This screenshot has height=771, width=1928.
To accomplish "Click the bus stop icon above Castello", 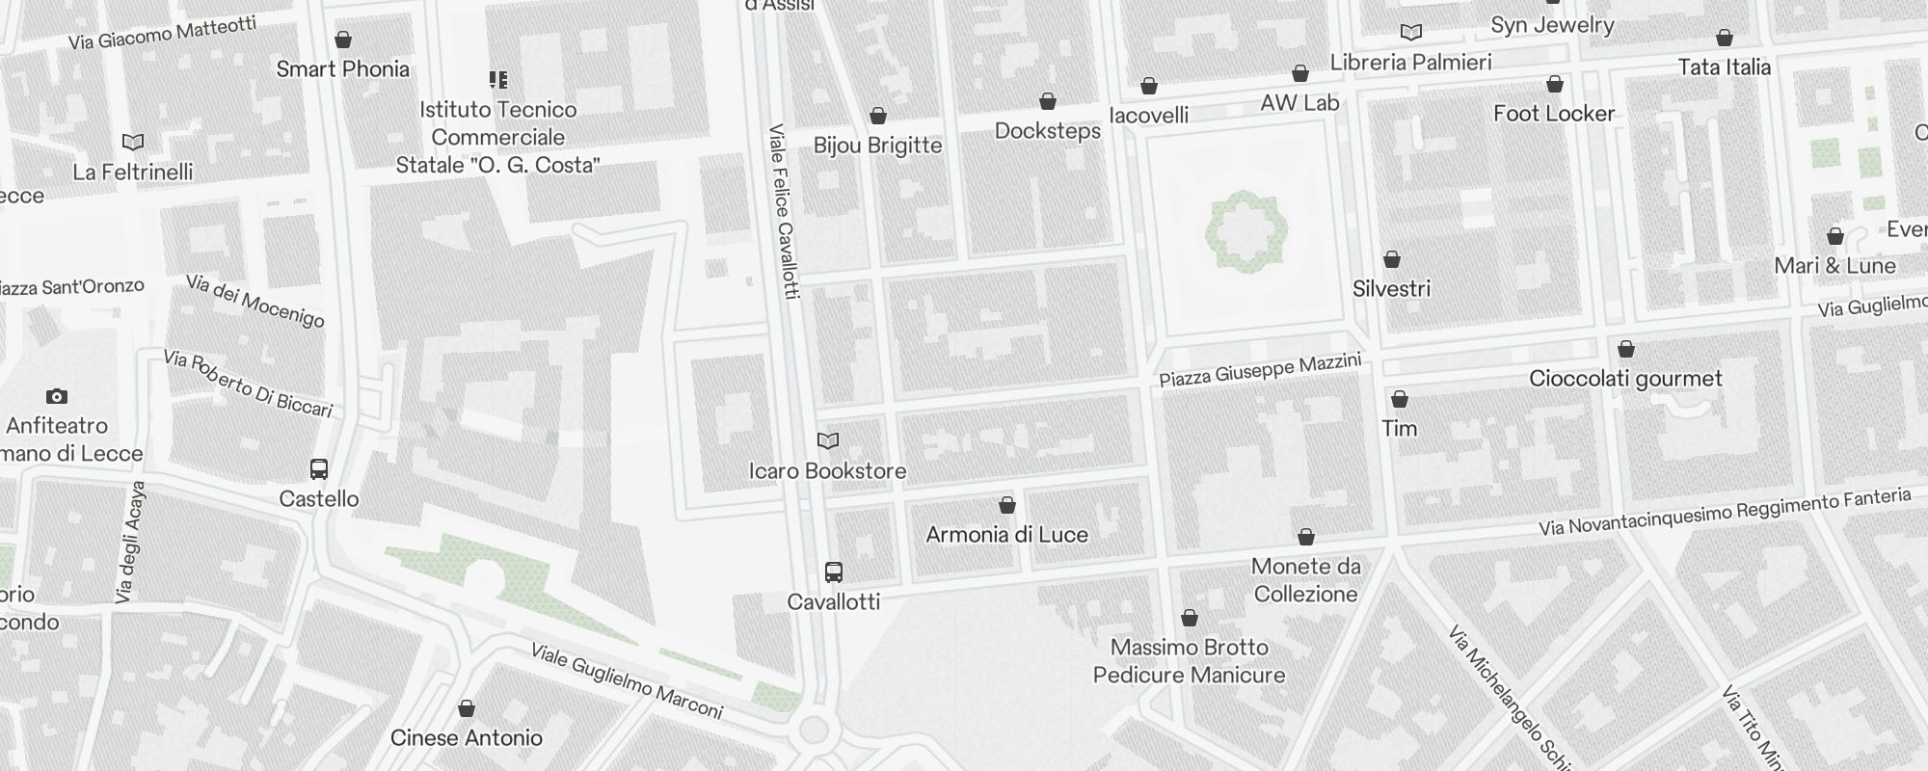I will click(x=319, y=469).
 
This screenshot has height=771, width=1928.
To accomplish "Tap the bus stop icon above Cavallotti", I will click(x=834, y=572).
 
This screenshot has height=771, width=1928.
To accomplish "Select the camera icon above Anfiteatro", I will click(x=57, y=396).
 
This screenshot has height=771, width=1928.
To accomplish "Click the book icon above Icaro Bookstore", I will click(x=827, y=441).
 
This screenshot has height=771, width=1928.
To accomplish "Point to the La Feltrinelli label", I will click(x=133, y=173).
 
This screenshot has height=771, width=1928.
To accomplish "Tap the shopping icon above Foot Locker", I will click(x=1554, y=85).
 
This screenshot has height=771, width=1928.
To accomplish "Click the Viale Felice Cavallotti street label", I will click(x=785, y=211).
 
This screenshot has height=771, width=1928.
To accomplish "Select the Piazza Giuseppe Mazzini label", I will click(x=1259, y=370).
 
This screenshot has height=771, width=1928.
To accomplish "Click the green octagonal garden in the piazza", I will click(x=1245, y=231).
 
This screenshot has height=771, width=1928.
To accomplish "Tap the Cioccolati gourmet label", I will click(x=1625, y=379).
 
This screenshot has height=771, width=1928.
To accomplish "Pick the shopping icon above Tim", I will click(x=1400, y=399).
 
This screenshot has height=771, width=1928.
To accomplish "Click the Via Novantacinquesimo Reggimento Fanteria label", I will click(x=1724, y=512).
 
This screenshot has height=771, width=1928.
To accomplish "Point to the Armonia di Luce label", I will click(x=1006, y=535).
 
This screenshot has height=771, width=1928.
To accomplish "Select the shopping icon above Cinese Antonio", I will click(x=467, y=709).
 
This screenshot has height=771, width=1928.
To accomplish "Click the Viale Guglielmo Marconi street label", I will click(x=626, y=681).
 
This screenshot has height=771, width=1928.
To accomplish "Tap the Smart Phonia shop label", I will click(x=342, y=69).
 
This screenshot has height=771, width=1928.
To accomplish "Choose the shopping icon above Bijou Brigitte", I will click(x=877, y=117).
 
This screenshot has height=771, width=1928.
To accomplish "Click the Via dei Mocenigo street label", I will click(x=254, y=301).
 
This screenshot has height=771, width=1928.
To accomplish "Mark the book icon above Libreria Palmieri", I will click(x=1410, y=33).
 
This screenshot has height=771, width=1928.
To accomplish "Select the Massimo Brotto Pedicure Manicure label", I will click(x=1189, y=661).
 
